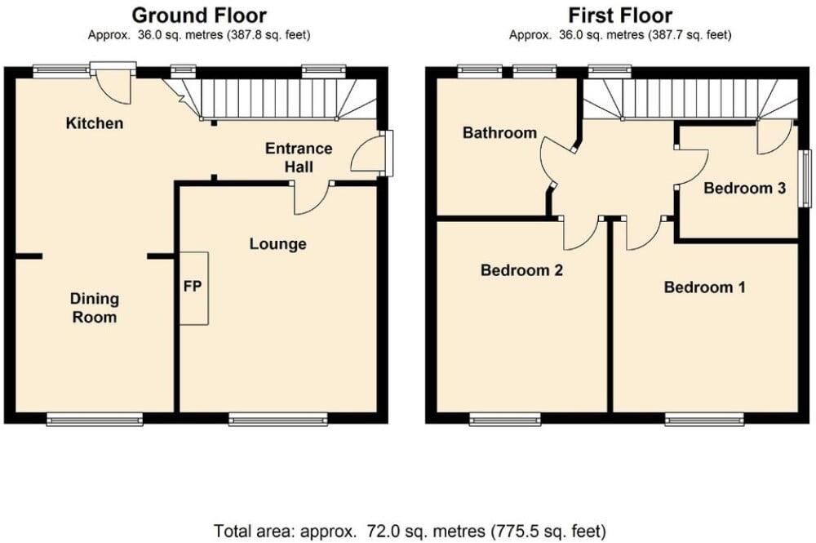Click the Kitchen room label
pos(95,123)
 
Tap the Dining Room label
pos(94,308)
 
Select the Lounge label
pos(277,243)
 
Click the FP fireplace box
pos(194,288)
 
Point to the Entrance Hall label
pos(298,158)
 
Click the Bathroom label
pos(499,132)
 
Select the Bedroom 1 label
pos(704,287)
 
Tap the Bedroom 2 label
pos(521,270)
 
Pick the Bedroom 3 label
pos(744,188)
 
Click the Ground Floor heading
pos(199,15)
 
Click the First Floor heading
pos(620,15)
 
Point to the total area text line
pos(408,531)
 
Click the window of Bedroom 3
pos(805,177)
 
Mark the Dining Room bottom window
pos(95,420)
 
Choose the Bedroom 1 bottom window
pos(704,420)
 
